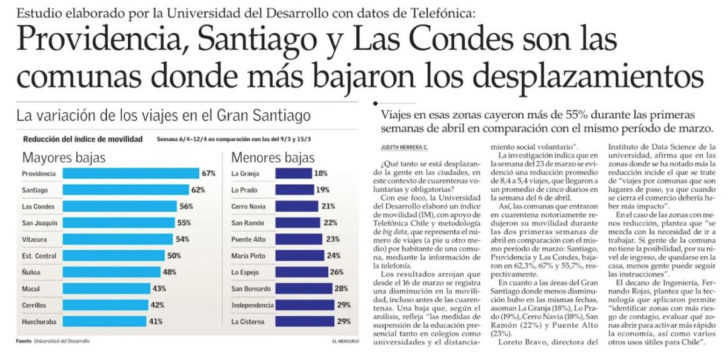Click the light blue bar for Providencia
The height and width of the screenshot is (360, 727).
point(131,173)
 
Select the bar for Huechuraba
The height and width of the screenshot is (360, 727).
point(104,321)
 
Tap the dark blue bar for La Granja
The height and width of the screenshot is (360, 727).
point(294,173)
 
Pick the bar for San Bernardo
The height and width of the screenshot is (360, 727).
point(304,288)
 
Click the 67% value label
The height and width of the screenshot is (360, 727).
point(208,173)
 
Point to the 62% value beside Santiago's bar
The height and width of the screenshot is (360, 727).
point(198,190)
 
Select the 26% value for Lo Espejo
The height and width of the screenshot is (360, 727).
point(337,272)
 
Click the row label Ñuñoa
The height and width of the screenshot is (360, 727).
point(31,272)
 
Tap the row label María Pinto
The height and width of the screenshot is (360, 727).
point(248,256)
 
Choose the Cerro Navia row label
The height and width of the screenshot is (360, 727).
point(248,207)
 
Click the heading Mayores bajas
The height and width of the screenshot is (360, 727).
point(64,158)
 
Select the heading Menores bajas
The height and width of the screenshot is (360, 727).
point(273,158)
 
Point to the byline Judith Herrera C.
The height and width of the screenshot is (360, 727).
point(405,147)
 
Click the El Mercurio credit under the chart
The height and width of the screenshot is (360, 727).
point(346,341)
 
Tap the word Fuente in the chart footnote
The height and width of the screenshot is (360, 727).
point(24,341)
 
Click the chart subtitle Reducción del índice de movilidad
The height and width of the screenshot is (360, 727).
point(83,139)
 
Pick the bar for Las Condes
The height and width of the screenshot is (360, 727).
point(120,207)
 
